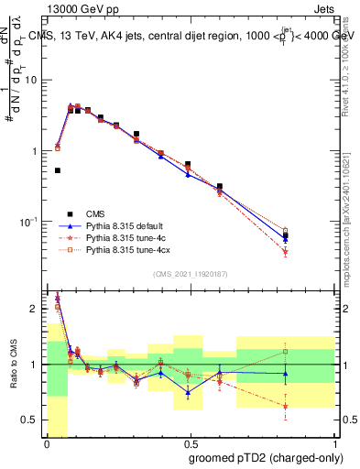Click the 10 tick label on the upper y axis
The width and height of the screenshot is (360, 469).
tap(30, 80)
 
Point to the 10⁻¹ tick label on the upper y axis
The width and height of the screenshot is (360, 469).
tap(28, 222)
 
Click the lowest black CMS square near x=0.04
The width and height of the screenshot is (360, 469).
tap(58, 170)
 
